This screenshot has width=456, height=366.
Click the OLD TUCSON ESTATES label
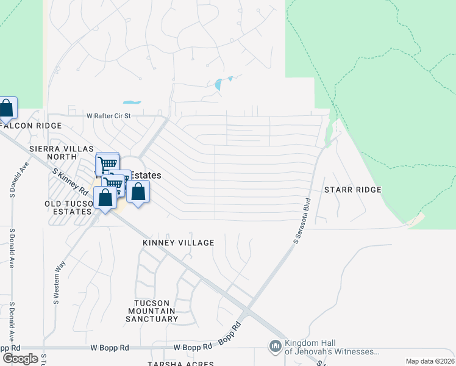pyautogui.click(x=68, y=207)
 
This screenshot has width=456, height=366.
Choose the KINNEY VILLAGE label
pyautogui.click(x=179, y=243)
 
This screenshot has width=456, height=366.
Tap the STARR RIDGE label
pyautogui.click(x=353, y=190)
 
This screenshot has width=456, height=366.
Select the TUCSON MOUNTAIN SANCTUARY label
pyautogui.click(x=157, y=310)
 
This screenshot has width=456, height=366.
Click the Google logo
pyautogui.click(x=20, y=358)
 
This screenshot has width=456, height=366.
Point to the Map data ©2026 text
pyautogui.click(x=429, y=361)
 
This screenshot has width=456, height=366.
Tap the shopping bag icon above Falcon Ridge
pyautogui.click(x=7, y=109)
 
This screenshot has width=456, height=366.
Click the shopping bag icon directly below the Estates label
pyautogui.click(x=138, y=192)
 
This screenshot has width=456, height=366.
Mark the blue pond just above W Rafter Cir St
pyautogui.click(x=132, y=102)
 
